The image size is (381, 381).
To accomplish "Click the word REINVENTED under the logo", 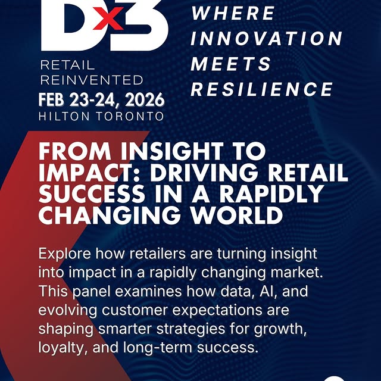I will pyautogui.click(x=91, y=80).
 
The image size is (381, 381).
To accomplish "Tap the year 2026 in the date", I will pyautogui.click(x=138, y=98).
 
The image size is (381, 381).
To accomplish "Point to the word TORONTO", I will pyautogui.click(x=130, y=116).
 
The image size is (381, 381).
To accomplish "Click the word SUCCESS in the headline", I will pyautogui.click(x=89, y=194).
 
